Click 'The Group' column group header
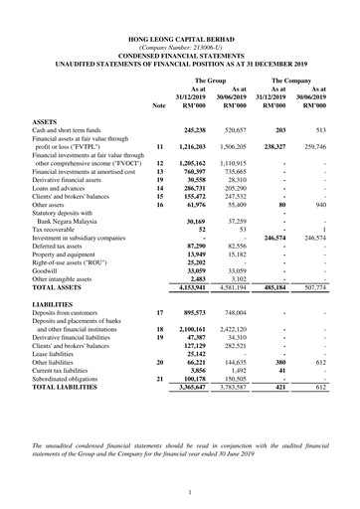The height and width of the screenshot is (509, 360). click(210, 79)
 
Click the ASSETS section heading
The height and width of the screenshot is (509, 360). click(46, 120)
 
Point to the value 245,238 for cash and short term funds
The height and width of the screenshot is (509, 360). click(201, 130)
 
